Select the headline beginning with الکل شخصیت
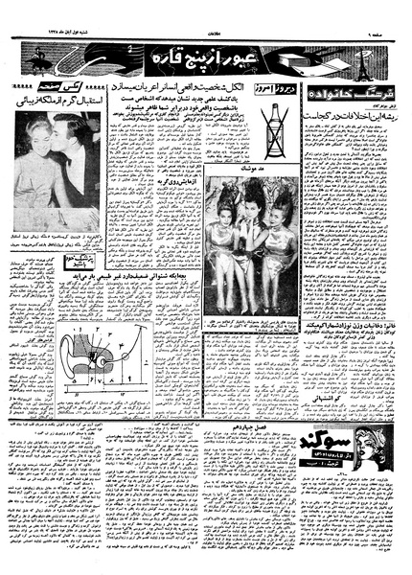(x=162, y=85)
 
